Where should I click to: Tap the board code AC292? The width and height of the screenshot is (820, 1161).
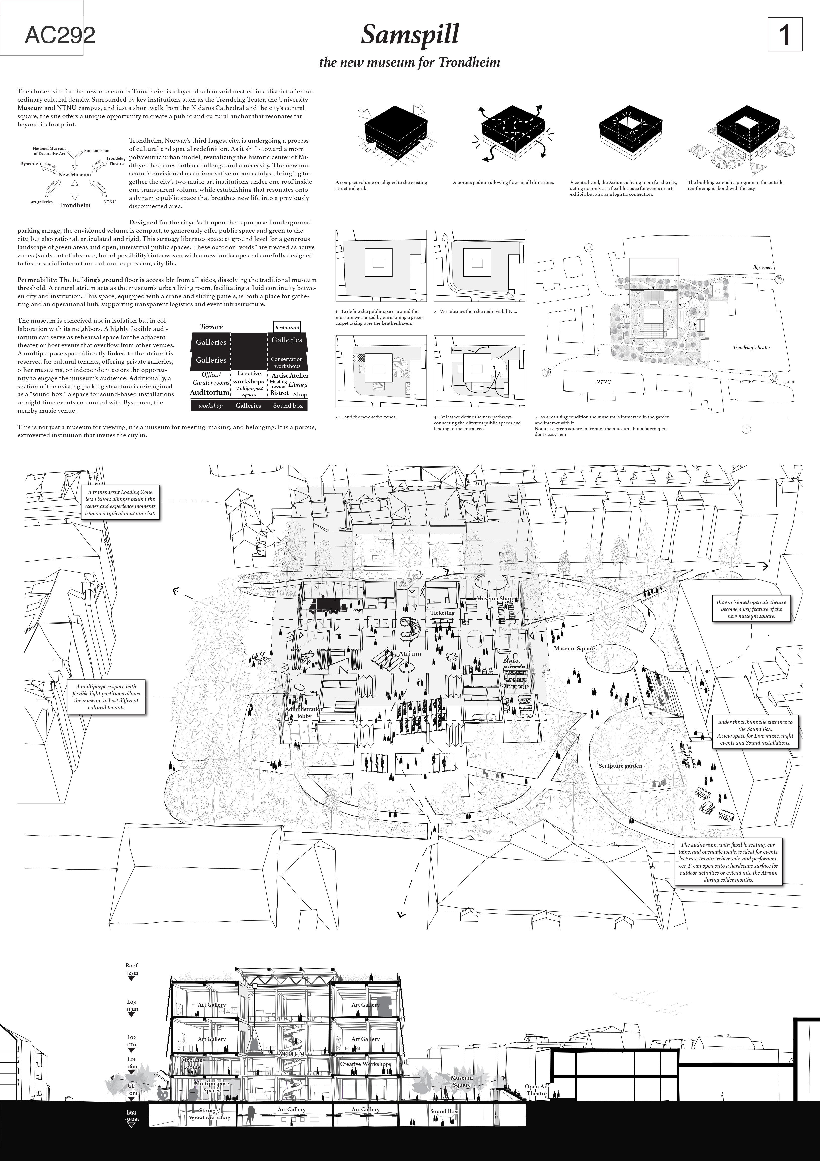click(x=60, y=36)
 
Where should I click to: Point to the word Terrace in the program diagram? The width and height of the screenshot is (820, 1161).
click(x=211, y=327)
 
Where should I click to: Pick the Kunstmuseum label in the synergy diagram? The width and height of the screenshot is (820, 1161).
click(x=97, y=151)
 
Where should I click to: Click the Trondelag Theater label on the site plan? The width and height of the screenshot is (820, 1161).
click(x=751, y=348)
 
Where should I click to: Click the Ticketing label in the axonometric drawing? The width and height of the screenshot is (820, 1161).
click(x=442, y=613)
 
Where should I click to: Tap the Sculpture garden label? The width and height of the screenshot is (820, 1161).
click(x=620, y=766)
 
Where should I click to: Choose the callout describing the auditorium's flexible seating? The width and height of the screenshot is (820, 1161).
click(x=729, y=862)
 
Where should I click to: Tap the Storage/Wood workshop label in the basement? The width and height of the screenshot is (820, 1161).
click(x=209, y=1114)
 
